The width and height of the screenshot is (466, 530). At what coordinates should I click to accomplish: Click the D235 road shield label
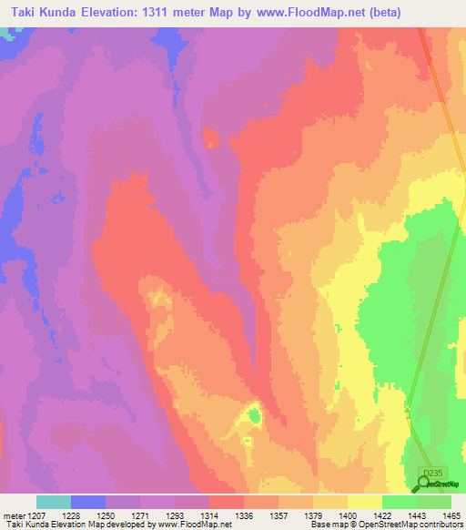431,473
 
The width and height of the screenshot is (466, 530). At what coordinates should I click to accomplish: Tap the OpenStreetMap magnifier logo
420,484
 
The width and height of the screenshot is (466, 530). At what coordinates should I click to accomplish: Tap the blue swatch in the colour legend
88,501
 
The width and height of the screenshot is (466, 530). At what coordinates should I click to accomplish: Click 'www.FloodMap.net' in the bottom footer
194,525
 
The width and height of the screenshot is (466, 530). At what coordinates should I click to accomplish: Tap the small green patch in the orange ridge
253,415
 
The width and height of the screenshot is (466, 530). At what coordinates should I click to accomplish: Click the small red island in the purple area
211,138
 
